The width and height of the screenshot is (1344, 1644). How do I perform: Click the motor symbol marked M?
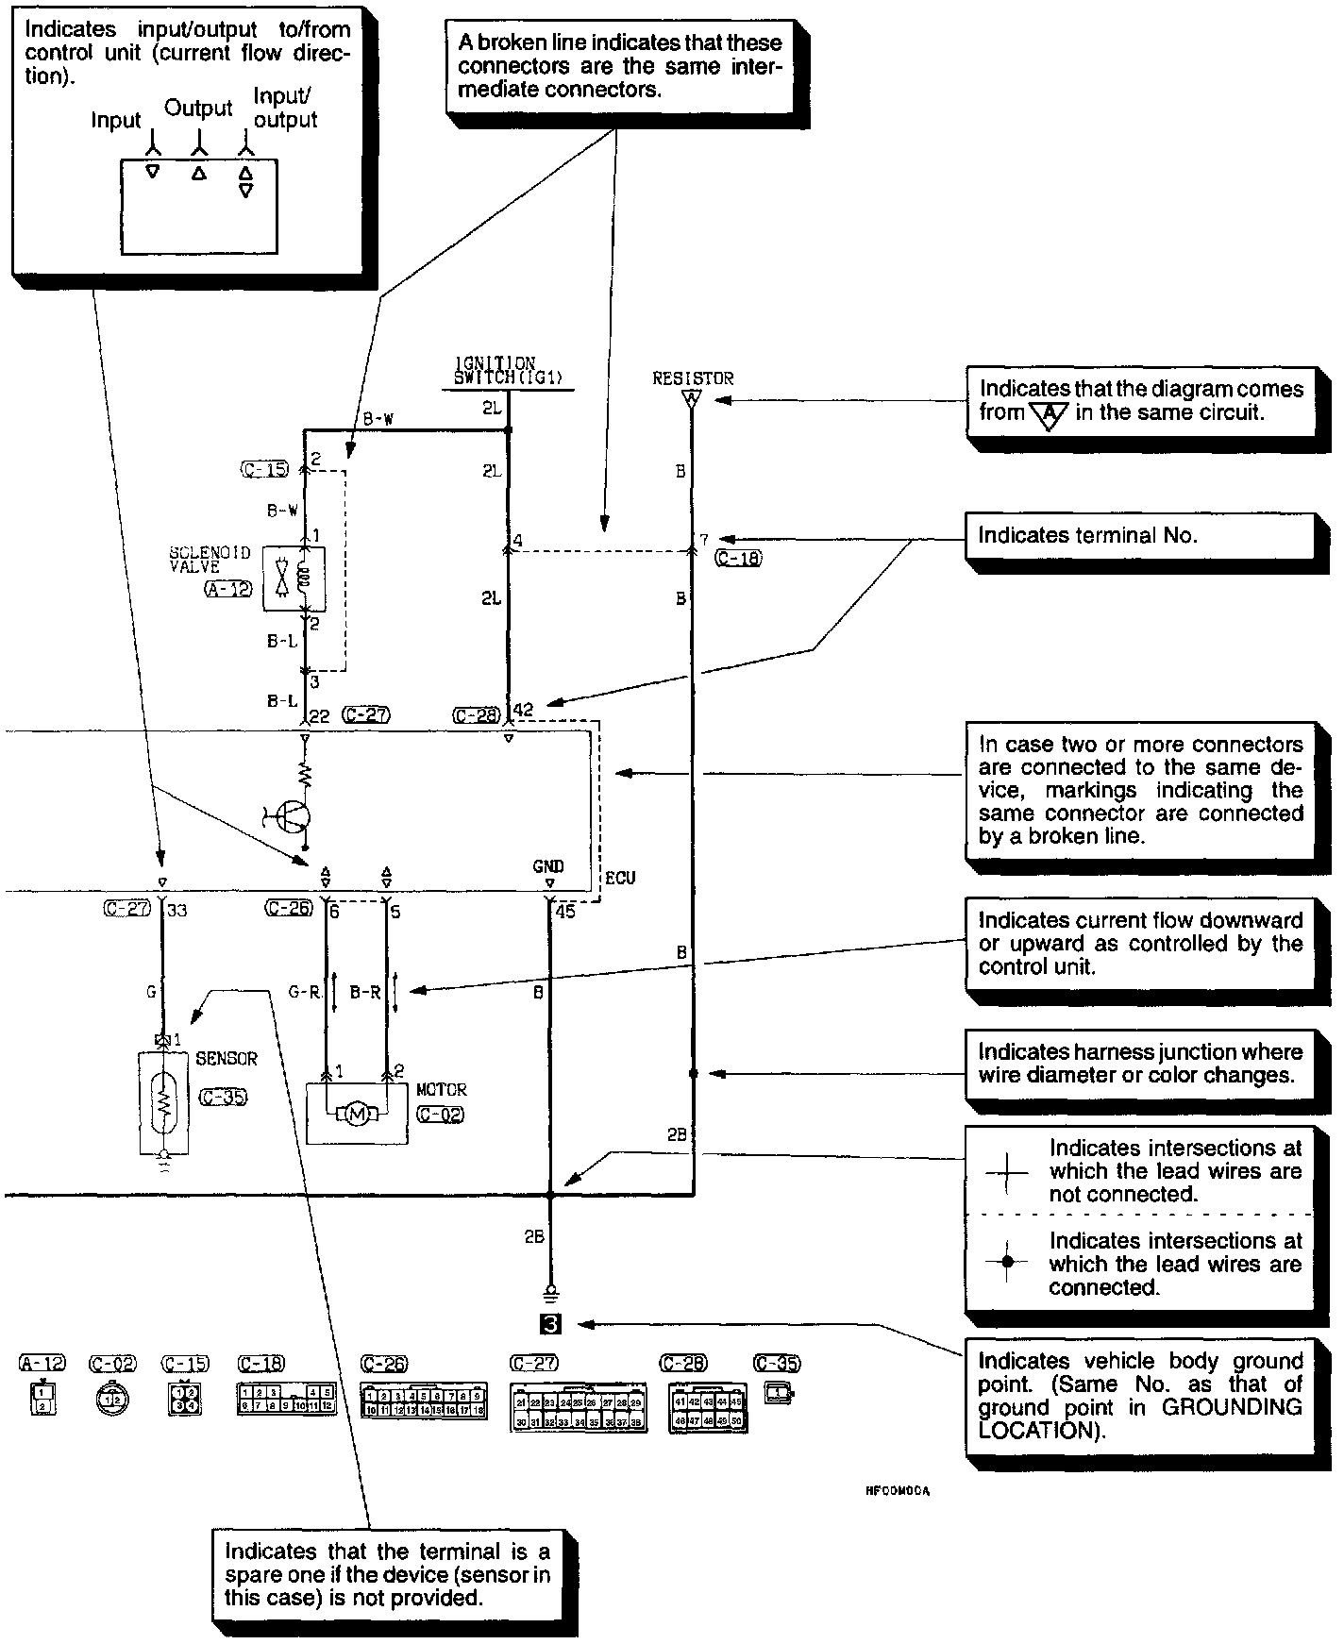[357, 1115]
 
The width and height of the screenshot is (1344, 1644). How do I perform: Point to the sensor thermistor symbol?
[162, 1103]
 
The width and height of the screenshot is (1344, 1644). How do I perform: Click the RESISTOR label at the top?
[693, 377]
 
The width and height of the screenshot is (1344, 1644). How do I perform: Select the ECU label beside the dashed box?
[620, 878]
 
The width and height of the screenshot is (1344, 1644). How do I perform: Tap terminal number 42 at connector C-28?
[523, 710]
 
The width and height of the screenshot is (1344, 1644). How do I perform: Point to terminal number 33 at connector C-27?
[177, 911]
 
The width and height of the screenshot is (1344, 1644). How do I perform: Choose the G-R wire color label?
[305, 992]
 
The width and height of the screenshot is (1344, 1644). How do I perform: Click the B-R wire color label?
[365, 992]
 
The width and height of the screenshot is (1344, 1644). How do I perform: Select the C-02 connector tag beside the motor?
[440, 1115]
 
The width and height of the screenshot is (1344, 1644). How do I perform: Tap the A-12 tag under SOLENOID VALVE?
[228, 590]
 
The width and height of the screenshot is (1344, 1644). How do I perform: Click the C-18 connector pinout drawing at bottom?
[286, 1399]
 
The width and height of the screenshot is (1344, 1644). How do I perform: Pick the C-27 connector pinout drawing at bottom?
[578, 1405]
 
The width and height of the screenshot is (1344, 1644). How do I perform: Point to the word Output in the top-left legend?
[198, 108]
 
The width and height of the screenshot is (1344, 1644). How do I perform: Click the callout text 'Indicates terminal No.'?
[1087, 536]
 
